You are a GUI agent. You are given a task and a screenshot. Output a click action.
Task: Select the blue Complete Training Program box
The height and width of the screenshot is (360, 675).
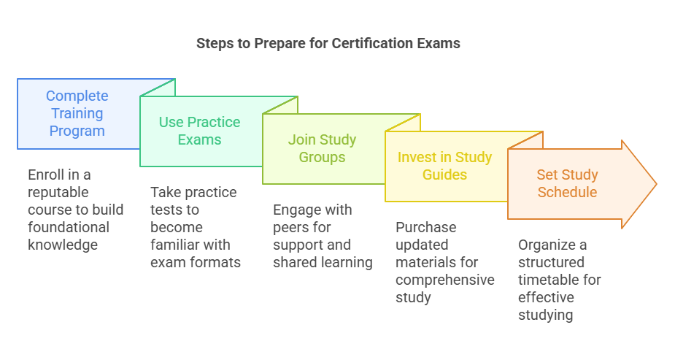(x=77, y=113)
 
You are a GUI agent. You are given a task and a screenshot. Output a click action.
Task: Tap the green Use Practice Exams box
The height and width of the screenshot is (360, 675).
(x=199, y=131)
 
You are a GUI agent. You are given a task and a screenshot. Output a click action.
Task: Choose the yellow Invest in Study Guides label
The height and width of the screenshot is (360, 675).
(x=444, y=166)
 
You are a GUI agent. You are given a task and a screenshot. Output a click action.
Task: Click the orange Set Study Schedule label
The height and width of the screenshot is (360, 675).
(x=567, y=183)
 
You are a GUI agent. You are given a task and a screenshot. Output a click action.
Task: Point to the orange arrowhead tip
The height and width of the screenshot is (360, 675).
(x=655, y=183)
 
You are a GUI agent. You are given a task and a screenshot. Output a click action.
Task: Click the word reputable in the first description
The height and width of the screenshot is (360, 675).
(x=58, y=192)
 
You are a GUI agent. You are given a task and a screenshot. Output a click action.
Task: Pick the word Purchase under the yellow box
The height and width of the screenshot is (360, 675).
(x=425, y=227)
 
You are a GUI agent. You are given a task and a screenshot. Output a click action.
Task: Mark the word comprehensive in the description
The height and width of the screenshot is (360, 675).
(x=445, y=280)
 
